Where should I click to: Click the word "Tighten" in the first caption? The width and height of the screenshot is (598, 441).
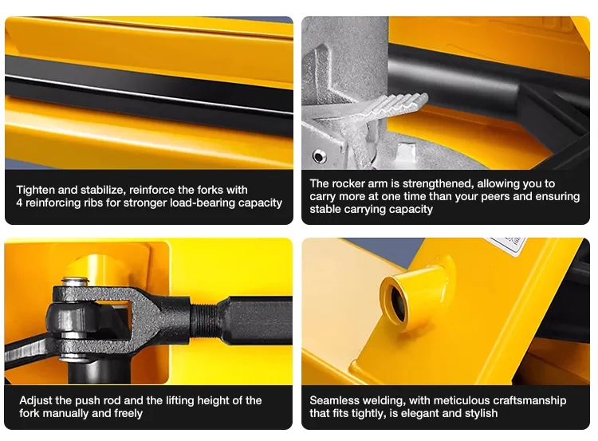[35, 190]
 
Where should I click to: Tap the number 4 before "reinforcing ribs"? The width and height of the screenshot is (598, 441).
[19, 203]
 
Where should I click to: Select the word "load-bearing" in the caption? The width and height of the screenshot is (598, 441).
[203, 203]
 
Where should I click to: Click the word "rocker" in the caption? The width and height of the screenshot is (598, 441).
[348, 183]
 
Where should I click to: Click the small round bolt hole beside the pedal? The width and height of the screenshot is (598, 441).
[319, 156]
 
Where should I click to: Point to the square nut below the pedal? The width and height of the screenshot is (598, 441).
[405, 150]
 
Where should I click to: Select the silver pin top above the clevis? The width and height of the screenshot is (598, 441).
[75, 282]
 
